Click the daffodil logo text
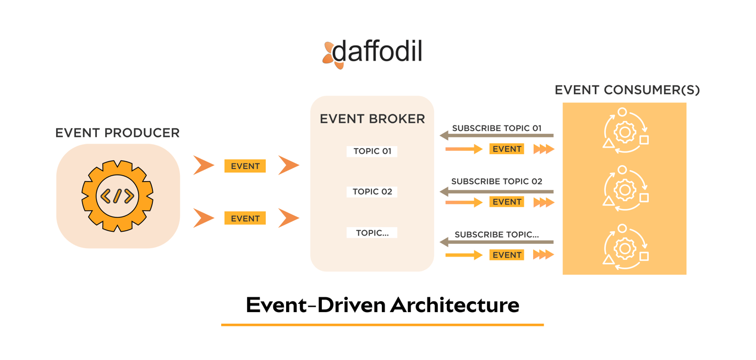(x=377, y=52)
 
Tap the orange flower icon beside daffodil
(x=331, y=55)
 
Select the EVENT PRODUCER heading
(x=117, y=133)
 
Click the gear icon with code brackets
(x=117, y=195)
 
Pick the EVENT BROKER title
(x=372, y=118)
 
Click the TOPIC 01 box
(x=372, y=151)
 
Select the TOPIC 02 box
(x=372, y=192)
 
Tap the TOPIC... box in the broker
(x=372, y=233)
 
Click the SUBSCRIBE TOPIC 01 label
(x=496, y=128)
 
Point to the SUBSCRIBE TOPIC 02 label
(x=496, y=181)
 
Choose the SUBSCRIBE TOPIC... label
(x=496, y=234)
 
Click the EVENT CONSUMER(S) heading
(x=627, y=90)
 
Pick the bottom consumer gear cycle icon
(x=625, y=248)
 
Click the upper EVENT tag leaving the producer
(x=245, y=166)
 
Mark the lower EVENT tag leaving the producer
(x=245, y=219)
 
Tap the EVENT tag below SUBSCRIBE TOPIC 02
(x=506, y=202)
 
